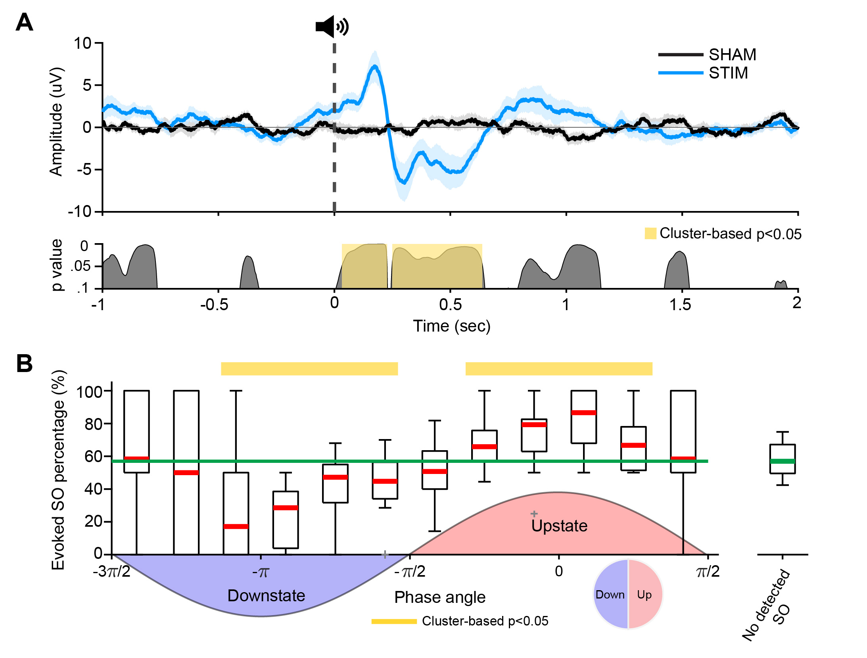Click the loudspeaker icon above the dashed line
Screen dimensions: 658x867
[332, 27]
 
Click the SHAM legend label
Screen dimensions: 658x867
[732, 55]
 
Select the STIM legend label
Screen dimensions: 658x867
[728, 73]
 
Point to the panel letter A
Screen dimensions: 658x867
[24, 23]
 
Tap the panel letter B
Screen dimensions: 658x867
[24, 363]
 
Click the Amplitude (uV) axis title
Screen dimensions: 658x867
[56, 121]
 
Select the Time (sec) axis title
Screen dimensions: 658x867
[452, 326]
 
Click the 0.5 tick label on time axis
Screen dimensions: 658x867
[450, 305]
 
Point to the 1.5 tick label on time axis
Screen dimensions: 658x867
[680, 305]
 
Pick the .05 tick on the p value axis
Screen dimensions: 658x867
[81, 266]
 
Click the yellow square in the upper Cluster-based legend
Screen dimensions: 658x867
[650, 233]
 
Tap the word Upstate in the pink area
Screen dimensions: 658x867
[559, 526]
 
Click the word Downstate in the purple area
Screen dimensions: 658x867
[266, 596]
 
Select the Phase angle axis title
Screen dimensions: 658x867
[440, 597]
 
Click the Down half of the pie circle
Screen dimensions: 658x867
[610, 595]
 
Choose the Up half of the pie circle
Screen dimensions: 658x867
[644, 595]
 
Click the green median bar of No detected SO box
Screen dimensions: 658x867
[782, 461]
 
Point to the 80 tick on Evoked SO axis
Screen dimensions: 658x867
[94, 424]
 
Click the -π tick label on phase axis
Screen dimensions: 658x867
[261, 572]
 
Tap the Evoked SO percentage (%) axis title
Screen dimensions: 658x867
[58, 470]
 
